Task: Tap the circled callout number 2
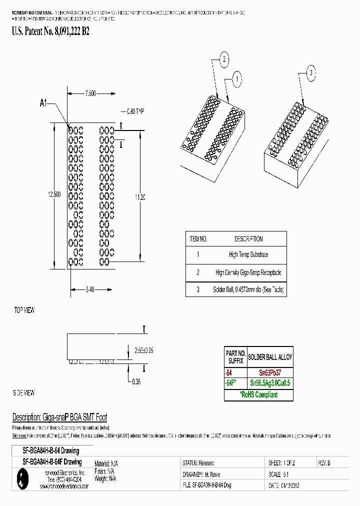224,60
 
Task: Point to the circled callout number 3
311,74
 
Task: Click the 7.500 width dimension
90,93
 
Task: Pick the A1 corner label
43,103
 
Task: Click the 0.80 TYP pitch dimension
135,111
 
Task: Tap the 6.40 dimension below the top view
90,289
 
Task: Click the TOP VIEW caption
24,310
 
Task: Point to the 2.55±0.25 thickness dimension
144,350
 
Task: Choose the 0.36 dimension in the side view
136,381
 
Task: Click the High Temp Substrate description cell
248,255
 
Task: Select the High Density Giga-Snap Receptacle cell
248,272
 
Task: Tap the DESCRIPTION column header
248,239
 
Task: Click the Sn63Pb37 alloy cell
270,373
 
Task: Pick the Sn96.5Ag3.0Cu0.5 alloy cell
270,383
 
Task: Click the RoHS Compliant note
258,394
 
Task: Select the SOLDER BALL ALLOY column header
270,357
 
